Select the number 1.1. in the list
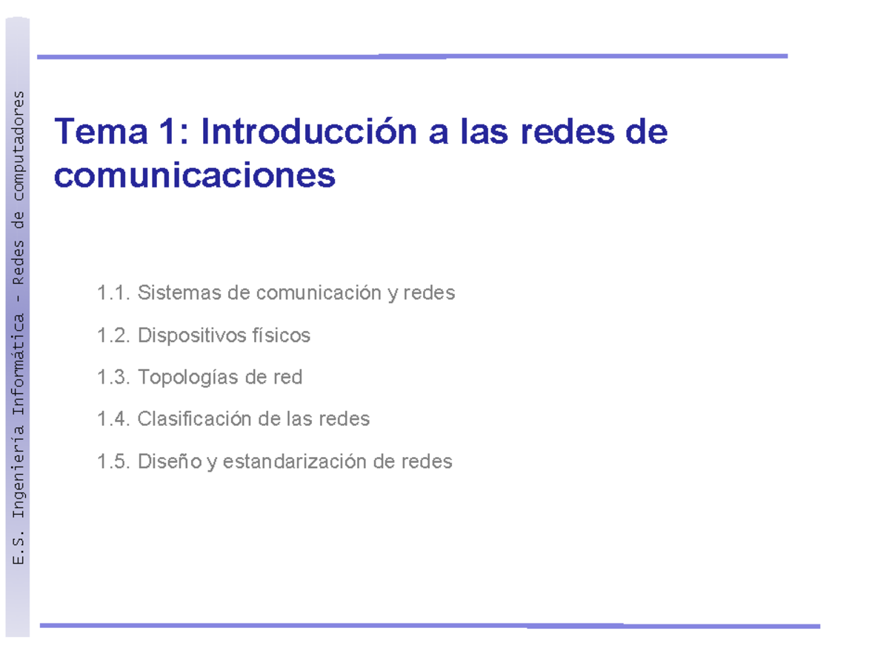coord(113,293)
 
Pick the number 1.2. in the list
coord(113,335)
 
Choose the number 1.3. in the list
coord(113,378)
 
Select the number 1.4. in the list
coord(113,419)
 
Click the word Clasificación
coord(195,419)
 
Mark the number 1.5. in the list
coord(113,462)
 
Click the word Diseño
coord(170,462)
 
